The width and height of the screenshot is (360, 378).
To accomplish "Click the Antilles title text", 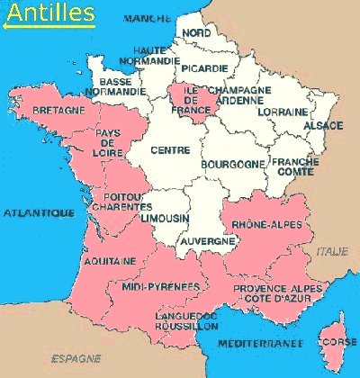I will tap(49, 12).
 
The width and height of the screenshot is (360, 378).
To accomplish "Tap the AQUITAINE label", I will tap(111, 260).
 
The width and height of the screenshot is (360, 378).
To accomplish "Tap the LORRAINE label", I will tap(276, 112).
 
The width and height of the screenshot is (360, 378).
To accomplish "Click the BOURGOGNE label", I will tap(233, 164).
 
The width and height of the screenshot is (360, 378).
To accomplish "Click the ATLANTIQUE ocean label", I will tap(38, 213).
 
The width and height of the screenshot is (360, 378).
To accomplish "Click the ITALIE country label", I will tap(331, 253).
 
